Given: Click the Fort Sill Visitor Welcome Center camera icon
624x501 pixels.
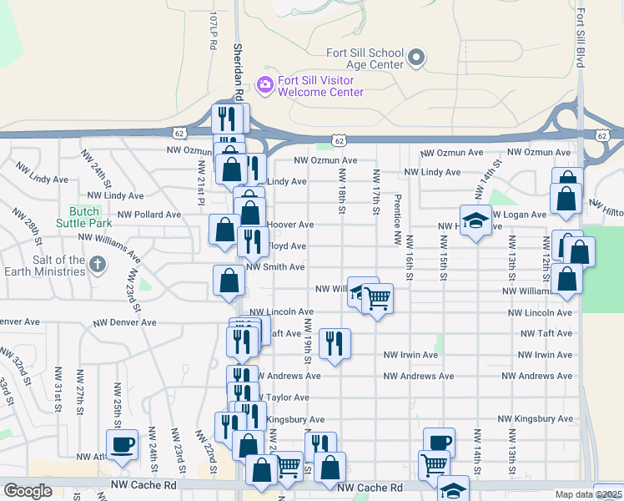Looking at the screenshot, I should coord(265,83).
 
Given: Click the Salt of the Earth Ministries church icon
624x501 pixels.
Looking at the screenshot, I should coord(98,266).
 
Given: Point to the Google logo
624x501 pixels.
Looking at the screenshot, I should coord(28,491).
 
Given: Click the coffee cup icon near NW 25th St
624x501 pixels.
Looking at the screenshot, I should coord(122,443).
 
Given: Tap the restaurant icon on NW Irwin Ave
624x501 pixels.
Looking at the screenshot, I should coord(335,343).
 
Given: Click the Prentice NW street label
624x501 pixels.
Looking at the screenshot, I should coord(398,220).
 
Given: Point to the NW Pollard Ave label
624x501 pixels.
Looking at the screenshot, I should coord(149,215).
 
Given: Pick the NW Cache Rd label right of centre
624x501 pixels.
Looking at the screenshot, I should coord(370,488).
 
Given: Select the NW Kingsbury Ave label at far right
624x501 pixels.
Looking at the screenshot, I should coord(542,419).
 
